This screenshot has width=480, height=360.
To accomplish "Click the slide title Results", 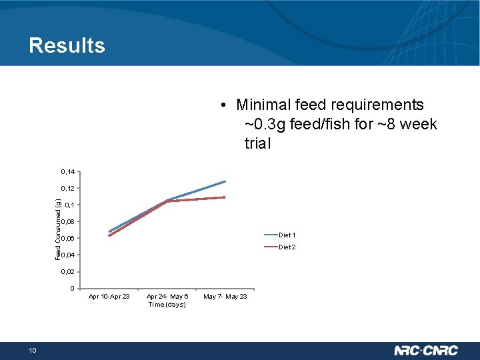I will pyautogui.click(x=67, y=45).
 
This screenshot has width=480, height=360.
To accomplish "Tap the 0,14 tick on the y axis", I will pyautogui.click(x=68, y=172).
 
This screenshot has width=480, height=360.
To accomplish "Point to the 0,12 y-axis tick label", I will pyautogui.click(x=68, y=189).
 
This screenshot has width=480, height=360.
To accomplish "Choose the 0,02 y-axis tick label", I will pyautogui.click(x=68, y=272).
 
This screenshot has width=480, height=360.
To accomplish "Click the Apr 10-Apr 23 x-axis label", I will pyautogui.click(x=109, y=297).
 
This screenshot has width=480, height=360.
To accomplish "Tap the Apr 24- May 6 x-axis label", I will pyautogui.click(x=167, y=297).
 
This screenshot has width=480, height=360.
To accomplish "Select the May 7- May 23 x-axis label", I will pyautogui.click(x=225, y=297).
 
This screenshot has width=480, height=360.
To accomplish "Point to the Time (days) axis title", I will pyautogui.click(x=167, y=305).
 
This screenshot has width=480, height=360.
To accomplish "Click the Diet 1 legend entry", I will pyautogui.click(x=287, y=235).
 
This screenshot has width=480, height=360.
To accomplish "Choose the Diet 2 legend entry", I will pyautogui.click(x=287, y=247).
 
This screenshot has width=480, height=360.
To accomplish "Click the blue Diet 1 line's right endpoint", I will pyautogui.click(x=225, y=181).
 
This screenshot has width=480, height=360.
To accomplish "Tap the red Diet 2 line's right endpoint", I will pyautogui.click(x=225, y=197).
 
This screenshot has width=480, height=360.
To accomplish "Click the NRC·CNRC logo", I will pyautogui.click(x=427, y=350).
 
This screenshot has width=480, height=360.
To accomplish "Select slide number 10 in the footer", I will pyautogui.click(x=33, y=351).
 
